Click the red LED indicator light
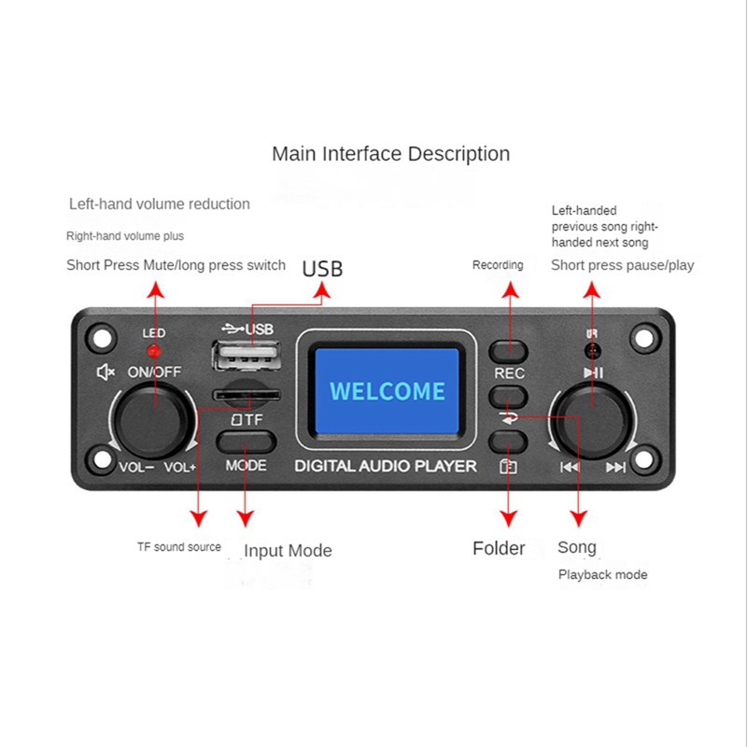click(154, 351)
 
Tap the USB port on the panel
click(247, 358)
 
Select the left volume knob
click(150, 417)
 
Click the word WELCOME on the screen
click(388, 390)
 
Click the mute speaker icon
click(106, 372)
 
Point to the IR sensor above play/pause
click(591, 351)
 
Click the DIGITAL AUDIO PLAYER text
click(386, 466)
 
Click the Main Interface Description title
click(390, 154)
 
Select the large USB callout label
click(322, 269)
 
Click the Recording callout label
click(498, 265)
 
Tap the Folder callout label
click(499, 548)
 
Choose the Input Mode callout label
click(288, 551)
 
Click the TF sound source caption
click(178, 547)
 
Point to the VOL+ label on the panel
click(180, 467)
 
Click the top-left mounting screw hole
click(100, 333)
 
